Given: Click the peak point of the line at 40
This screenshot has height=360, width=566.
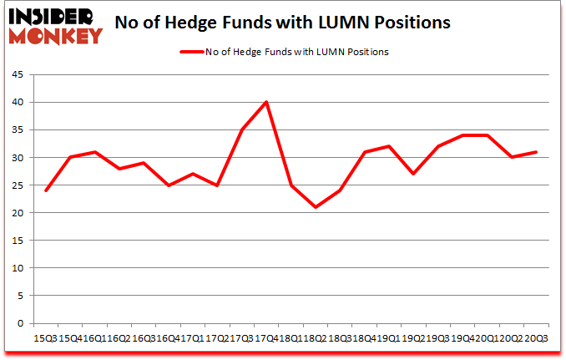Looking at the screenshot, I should click(265, 103).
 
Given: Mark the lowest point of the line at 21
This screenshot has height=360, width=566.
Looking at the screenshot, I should click(316, 207).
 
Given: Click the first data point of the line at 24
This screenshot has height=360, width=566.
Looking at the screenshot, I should click(46, 190).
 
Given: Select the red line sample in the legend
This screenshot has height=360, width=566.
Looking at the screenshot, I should click(191, 52).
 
